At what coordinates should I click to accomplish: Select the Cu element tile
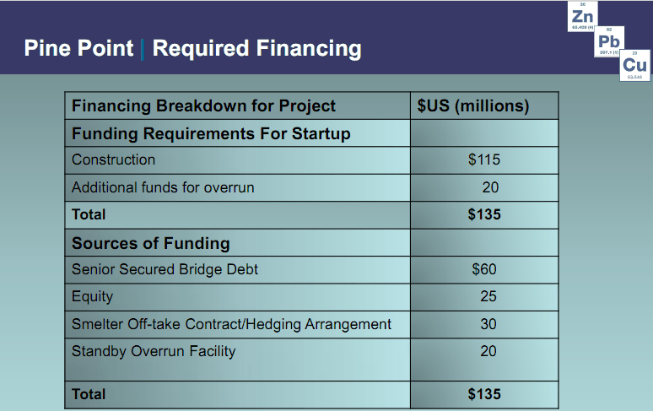tap(636, 66)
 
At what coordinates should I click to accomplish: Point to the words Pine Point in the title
tap(78, 48)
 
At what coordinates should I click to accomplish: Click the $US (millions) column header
tap(473, 105)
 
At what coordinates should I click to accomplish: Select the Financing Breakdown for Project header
tap(203, 105)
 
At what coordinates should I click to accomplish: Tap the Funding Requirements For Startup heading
tap(211, 133)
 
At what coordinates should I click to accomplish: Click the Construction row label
tap(113, 160)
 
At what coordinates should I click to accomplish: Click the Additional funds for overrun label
tap(163, 187)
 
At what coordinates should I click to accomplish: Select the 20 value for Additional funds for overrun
tap(489, 187)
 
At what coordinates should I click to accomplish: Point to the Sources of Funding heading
tap(150, 243)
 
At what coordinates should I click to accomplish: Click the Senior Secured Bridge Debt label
tap(165, 270)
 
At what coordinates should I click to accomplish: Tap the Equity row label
tap(92, 297)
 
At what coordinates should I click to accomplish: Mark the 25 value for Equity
tap(488, 297)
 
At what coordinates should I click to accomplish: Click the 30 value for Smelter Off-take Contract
tap(488, 324)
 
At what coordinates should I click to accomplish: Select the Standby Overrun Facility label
tap(154, 351)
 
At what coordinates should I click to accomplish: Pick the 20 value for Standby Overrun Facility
tap(488, 351)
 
